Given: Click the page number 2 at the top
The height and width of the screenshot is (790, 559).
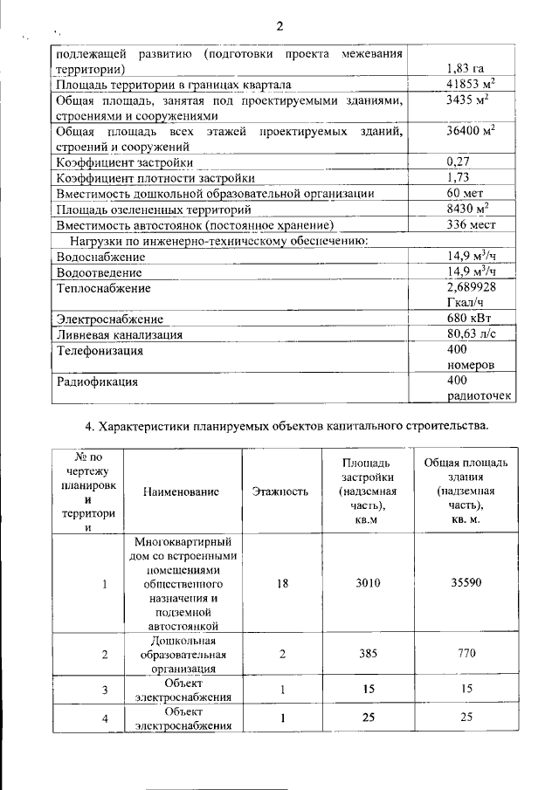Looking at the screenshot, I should click(x=279, y=24).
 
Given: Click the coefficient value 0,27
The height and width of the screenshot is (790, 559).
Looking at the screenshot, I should click(x=459, y=162).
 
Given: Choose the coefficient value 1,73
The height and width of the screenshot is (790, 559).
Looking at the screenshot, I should click(x=459, y=178).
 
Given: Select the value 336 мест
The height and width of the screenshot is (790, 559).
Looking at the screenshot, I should click(x=472, y=224).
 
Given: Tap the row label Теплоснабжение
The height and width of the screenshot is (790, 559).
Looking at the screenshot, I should click(x=104, y=288).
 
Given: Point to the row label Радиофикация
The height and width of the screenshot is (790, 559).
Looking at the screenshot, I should click(x=98, y=381).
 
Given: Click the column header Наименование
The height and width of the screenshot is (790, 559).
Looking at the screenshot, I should click(x=182, y=492).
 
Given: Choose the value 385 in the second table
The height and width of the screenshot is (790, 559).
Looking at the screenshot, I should click(x=368, y=653).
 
